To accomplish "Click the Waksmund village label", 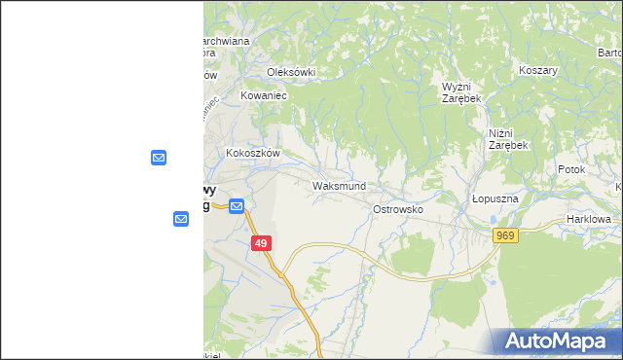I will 339,185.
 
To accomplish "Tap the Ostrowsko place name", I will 397,209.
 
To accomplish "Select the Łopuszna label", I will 495,198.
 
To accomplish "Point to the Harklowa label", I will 589,220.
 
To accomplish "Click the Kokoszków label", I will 253,153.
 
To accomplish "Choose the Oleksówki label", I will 292,72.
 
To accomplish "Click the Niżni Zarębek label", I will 507,139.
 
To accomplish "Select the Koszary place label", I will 537,71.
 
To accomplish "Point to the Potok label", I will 571,169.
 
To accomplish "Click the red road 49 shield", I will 260,244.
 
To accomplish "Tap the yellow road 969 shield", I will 504,236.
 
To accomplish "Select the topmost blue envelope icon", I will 159,157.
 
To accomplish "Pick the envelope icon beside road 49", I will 237,205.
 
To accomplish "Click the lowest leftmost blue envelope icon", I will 181,219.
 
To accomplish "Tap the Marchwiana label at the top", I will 224,41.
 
